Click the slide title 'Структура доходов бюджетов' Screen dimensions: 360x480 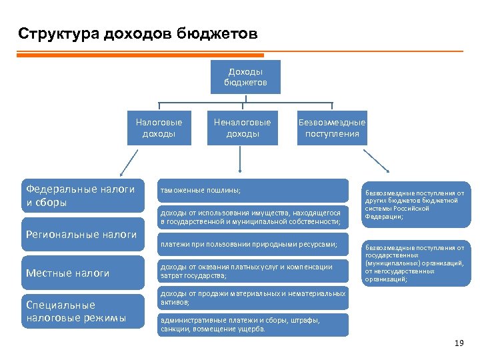(x=137, y=33)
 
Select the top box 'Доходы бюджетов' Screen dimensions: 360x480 (x=245, y=77)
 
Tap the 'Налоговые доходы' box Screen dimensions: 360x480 (x=159, y=128)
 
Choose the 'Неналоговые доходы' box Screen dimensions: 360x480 (x=242, y=128)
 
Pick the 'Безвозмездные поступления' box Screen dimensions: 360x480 (x=331, y=128)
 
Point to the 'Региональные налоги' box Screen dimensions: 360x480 (x=83, y=234)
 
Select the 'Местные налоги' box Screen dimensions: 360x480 (x=83, y=273)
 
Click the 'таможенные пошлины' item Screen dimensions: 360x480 (x=253, y=190)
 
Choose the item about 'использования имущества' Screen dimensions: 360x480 (x=253, y=217)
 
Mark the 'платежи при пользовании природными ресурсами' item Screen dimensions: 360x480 (x=253, y=245)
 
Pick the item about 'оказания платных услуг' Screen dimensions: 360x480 (x=253, y=271)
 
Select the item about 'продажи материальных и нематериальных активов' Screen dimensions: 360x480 (x=253, y=297)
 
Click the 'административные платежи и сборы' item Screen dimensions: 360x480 (x=253, y=324)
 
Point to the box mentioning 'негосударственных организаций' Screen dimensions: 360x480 (x=415, y=263)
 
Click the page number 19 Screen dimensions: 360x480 (x=458, y=343)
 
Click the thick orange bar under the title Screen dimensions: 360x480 (x=140, y=55)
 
